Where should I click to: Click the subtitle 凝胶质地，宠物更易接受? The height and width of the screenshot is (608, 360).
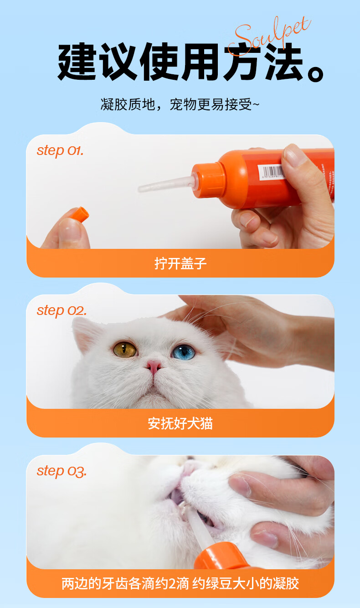tap(180, 104)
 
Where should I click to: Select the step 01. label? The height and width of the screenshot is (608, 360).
tap(60, 151)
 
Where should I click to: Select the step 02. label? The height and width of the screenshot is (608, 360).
tap(62, 311)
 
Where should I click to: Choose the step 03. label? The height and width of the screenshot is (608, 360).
tap(62, 471)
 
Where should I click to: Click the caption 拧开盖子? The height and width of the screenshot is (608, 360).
tap(180, 263)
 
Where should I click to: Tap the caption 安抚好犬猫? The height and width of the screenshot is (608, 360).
tap(180, 423)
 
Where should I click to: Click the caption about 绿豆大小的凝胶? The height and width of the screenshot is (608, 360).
tap(180, 583)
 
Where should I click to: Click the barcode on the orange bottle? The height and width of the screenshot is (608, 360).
tap(272, 172)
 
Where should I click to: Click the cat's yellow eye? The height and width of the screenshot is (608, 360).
tap(124, 349)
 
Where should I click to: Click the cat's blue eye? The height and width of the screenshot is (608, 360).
tap(183, 352)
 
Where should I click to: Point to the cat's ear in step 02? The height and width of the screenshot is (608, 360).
tap(86, 335)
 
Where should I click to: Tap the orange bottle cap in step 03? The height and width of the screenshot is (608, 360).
tap(217, 555)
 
